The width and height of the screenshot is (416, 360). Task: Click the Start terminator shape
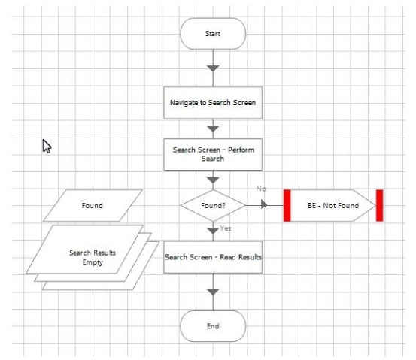coord(213,34)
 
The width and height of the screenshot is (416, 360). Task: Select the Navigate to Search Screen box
coord(213,103)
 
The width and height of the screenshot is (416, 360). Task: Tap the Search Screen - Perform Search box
coord(213,154)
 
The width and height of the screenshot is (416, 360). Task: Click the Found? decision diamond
coord(213,205)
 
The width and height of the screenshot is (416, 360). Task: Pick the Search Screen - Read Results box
coord(213,257)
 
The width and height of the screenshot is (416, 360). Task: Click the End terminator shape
coord(213,326)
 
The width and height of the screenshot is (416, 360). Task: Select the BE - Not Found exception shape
coord(333,205)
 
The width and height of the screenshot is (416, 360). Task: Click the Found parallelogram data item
coord(93,205)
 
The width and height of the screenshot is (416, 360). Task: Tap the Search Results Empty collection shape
coord(93,257)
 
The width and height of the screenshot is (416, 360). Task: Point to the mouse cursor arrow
coord(47,146)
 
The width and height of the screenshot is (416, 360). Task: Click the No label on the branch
coord(261,189)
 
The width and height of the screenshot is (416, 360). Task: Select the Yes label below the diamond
coord(226,228)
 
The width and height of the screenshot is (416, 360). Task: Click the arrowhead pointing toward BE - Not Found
coord(264,204)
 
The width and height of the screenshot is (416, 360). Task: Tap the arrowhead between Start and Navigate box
coord(213,68)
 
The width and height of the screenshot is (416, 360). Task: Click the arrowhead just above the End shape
coord(213,292)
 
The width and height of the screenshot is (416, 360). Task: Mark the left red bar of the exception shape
coord(287,205)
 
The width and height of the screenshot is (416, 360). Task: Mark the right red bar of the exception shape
coord(380,205)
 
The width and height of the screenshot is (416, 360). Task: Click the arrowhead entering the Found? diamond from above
coord(213,180)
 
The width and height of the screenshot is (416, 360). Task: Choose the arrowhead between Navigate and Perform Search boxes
coord(213,129)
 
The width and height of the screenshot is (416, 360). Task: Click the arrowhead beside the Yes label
coord(213,231)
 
